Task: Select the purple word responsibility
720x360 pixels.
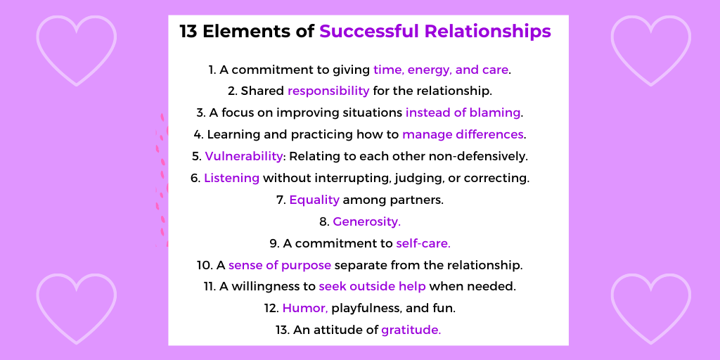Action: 328,91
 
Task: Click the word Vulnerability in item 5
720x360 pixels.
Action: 244,156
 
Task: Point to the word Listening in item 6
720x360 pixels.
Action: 232,178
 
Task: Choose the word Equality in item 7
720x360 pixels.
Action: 314,200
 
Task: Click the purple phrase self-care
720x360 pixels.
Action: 423,243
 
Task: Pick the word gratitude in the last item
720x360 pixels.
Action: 411,330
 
